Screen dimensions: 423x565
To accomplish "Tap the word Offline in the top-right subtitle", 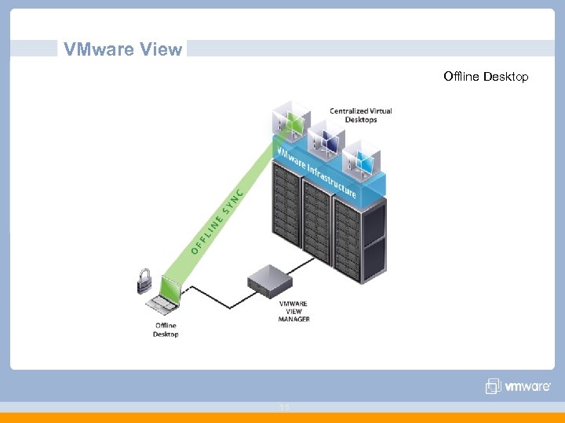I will click(x=461, y=76).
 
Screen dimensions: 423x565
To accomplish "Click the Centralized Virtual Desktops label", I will click(x=360, y=115).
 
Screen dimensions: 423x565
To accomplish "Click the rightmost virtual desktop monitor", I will click(x=362, y=161).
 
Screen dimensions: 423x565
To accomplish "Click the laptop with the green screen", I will click(x=168, y=294).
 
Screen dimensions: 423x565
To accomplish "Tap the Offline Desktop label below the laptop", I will click(x=166, y=330).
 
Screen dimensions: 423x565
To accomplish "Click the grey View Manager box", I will click(x=269, y=279).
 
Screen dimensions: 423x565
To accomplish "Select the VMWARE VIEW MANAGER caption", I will click(x=294, y=311).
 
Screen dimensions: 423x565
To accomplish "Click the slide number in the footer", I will click(x=284, y=406).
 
